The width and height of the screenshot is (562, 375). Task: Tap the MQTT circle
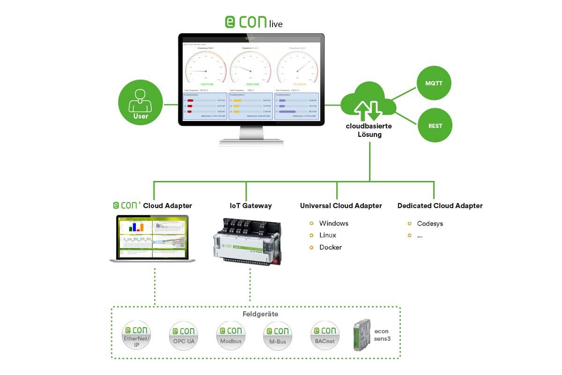[x=436, y=83]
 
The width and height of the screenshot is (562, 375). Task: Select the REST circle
[x=436, y=125]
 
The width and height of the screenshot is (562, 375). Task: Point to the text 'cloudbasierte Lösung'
[x=369, y=130]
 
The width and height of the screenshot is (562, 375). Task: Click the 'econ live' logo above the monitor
[x=254, y=22]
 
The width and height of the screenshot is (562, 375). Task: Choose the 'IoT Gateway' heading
[x=251, y=206]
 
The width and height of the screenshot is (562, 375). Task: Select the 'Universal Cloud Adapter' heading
[x=341, y=206]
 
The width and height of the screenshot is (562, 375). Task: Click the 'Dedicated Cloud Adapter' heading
[x=440, y=206]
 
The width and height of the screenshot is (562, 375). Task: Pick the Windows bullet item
[x=333, y=224]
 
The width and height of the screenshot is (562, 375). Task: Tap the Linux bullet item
[x=327, y=235]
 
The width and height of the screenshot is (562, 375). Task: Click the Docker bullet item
[x=330, y=247]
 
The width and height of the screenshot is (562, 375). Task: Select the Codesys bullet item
[x=429, y=224]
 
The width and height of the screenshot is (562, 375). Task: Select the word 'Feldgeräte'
[x=260, y=314]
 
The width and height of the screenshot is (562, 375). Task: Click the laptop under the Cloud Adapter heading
[x=152, y=238]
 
